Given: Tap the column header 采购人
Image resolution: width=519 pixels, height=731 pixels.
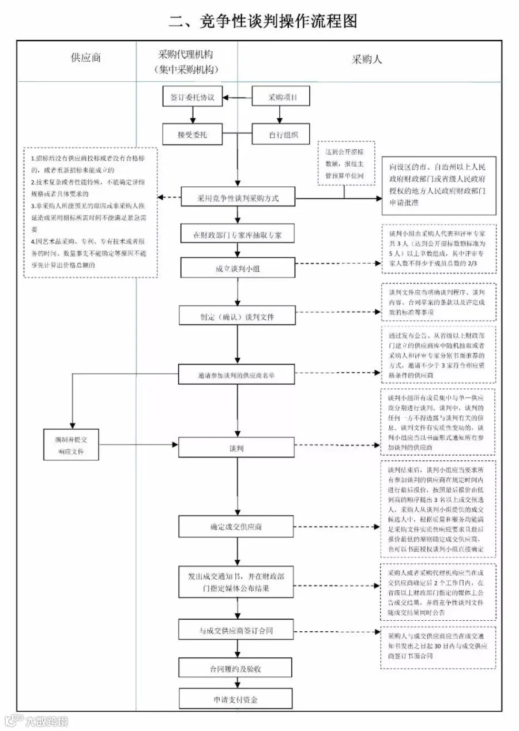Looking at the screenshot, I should click(x=367, y=59).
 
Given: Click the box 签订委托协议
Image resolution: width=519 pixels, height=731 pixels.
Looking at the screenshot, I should click(x=192, y=98).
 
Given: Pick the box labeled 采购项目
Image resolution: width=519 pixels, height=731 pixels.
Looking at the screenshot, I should click(x=282, y=98).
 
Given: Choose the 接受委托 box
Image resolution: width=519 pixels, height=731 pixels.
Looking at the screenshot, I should click(x=192, y=135).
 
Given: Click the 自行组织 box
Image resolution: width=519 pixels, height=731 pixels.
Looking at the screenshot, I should click(x=282, y=135).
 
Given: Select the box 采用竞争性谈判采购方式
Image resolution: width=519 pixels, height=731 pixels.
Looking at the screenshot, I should click(x=238, y=198).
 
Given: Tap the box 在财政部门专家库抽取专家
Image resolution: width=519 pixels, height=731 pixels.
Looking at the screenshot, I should click(x=238, y=235).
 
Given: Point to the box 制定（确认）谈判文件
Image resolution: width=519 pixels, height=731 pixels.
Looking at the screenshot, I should click(x=238, y=316).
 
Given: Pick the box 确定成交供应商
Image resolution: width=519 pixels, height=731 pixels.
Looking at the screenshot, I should click(x=238, y=527).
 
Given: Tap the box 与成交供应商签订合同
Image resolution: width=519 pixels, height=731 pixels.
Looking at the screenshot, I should click(x=238, y=631).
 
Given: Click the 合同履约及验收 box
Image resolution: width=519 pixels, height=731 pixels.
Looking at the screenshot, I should click(x=238, y=669).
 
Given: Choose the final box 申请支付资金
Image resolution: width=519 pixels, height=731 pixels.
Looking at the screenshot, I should click(x=238, y=700).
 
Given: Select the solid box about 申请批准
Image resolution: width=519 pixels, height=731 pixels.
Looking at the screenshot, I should click(x=438, y=185).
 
